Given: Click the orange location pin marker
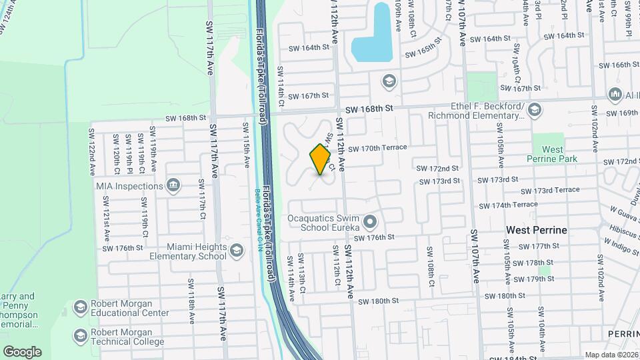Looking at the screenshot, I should coord(321,159).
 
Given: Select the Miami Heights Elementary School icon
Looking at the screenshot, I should coord(236,251).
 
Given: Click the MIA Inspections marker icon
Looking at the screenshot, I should coord(173,185).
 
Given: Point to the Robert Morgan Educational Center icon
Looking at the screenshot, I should coord(80,307).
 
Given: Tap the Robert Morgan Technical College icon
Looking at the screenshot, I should coord(80,335).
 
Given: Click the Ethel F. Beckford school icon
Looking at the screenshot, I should coord(533,109).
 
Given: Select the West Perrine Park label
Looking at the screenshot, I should coord(552,155).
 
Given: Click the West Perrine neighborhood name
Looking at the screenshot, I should coord(536,230).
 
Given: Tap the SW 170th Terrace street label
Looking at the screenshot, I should coord(377,148).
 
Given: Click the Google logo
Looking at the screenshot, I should coord(22,351).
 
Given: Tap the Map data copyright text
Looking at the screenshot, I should coord(611,355).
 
